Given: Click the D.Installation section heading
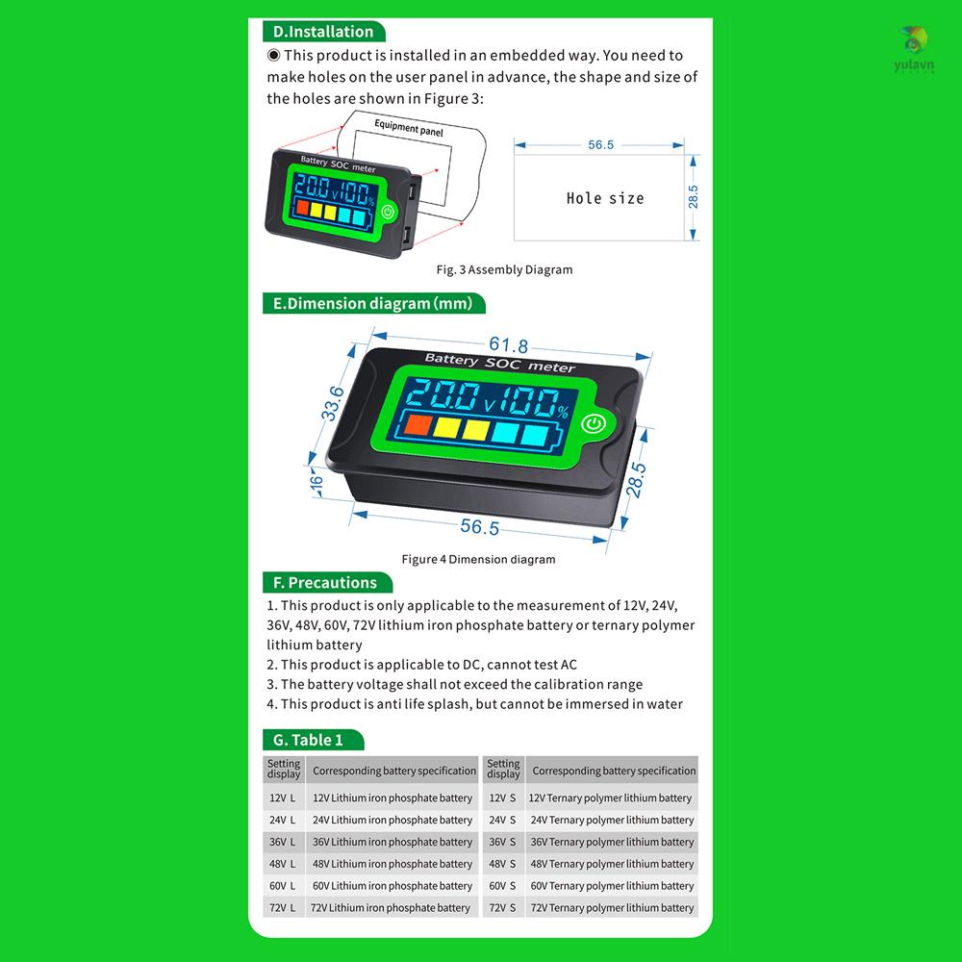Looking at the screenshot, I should (323, 32).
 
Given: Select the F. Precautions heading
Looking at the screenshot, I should (325, 582).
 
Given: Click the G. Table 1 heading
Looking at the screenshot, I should (309, 740).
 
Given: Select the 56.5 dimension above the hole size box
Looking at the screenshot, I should (600, 144).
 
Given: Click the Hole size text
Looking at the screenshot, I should (605, 198).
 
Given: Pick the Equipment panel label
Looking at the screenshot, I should (409, 127).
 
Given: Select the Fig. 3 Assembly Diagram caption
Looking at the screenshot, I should (518, 269).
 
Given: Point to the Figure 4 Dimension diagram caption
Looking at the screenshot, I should (478, 559).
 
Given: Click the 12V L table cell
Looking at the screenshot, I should (283, 797).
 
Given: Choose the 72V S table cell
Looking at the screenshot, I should (502, 907).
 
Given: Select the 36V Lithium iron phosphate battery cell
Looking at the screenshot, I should (392, 842).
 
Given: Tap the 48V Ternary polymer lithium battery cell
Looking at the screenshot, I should (611, 864).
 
